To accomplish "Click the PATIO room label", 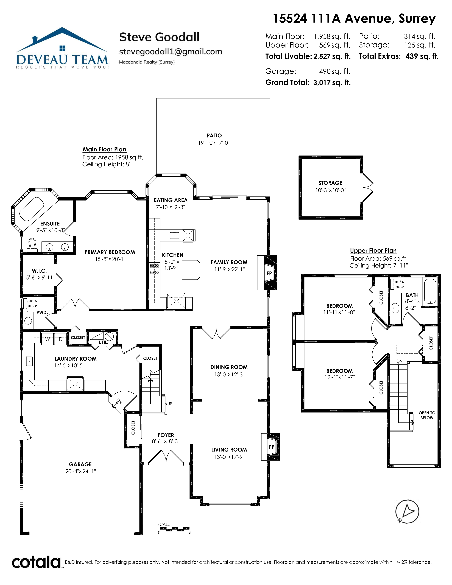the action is pos(214,136).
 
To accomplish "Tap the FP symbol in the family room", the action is pos(269,274).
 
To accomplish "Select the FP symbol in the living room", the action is pos(272,447).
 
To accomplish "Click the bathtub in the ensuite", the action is pos(32,209).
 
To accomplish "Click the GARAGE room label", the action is pos(80,464).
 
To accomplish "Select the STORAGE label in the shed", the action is pos(330,183).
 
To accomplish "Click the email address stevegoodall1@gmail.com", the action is pos(171,52).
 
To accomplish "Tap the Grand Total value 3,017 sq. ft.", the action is pos(332,82).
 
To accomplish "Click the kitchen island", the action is pos(191,270).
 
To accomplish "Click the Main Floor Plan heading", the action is pos(104,149).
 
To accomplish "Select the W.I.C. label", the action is pos(39,271).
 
